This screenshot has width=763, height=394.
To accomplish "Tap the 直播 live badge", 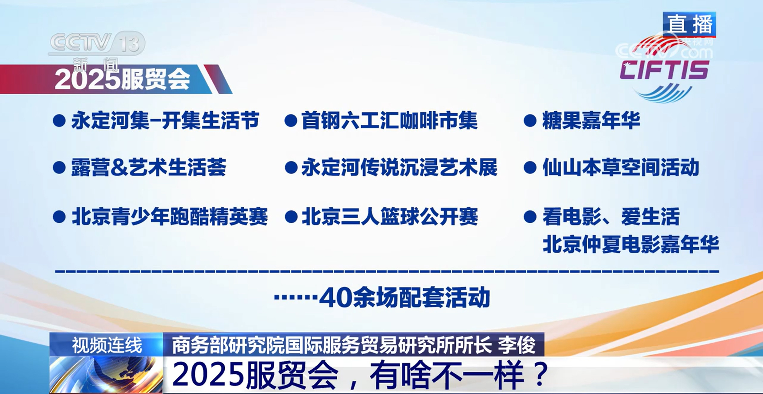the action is point(689,24).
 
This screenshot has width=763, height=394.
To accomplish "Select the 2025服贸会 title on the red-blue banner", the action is point(122,79).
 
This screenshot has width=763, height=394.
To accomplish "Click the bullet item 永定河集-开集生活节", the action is point(165,120).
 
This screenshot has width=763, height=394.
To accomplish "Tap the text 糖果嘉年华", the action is point(591,120).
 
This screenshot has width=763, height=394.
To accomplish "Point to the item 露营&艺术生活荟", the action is point(149,167).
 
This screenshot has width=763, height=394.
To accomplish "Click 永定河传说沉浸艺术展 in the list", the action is point(399,167).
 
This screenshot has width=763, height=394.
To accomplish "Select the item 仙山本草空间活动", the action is point(621,167).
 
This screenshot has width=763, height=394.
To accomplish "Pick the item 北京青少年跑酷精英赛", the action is point(170,216).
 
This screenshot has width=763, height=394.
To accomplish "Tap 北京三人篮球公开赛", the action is point(390,216).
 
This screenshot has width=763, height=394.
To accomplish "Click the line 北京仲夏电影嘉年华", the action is point(631,244).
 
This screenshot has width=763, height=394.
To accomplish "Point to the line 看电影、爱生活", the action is point(611,216).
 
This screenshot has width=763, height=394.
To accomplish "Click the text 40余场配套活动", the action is point(405,297).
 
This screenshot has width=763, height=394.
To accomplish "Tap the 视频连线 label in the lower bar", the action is point(107,345).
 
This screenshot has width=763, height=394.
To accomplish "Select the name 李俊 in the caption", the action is point(517,345).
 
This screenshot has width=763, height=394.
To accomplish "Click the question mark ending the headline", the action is point(541,375).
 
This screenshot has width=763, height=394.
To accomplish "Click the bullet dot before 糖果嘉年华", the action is point(530,121).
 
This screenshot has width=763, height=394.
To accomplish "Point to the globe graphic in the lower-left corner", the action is point(106,375).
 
